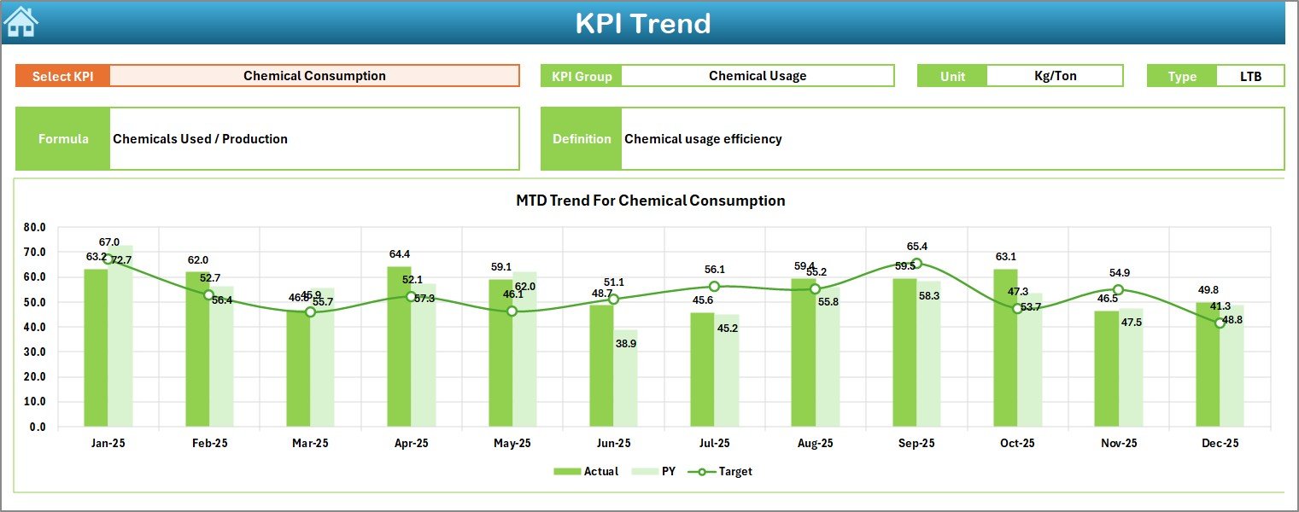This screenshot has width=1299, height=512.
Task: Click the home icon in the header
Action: pos(20,21)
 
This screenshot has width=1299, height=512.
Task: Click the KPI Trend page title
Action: pos(642,23)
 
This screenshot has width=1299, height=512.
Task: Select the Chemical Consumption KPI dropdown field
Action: pos(314,76)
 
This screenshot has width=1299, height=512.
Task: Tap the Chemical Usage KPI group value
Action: pos(757,76)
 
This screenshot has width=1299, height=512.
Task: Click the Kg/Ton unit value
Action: pos(1055,76)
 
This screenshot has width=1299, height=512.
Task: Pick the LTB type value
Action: pos(1250,76)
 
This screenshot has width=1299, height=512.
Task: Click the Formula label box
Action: pos(63,139)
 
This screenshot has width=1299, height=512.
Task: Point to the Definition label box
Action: pos(582,139)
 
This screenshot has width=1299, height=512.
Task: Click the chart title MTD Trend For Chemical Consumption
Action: pos(650,201)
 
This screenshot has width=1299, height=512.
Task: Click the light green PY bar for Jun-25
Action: pos(625,378)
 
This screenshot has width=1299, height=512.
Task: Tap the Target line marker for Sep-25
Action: pos(916,264)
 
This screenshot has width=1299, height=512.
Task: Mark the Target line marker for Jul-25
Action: pos(714,287)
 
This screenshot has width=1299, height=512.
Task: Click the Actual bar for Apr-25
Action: pos(399,346)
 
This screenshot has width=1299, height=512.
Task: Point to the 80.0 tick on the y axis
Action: pos(35,228)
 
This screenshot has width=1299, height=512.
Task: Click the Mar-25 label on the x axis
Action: pos(310,444)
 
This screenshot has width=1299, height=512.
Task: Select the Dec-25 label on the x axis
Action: pos(1220,444)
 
